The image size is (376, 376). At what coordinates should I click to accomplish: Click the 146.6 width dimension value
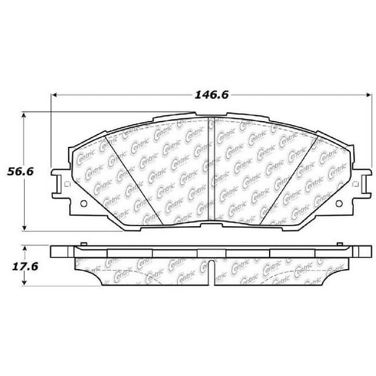point(211,95)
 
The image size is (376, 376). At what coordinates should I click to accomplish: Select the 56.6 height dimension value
point(20,171)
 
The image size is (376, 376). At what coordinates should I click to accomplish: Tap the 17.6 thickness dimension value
point(25,267)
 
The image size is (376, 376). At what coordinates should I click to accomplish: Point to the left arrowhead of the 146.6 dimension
point(54,95)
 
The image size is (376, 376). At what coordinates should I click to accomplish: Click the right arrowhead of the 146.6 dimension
point(369,95)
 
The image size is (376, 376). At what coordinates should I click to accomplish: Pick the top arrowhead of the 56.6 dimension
point(23,115)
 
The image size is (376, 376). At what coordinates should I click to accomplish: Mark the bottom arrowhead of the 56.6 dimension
point(24,228)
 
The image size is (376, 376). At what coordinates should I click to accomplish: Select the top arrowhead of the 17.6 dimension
point(24,249)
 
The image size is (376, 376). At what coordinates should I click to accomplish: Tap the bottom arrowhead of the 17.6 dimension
point(24,282)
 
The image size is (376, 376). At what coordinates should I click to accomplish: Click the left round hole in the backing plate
point(84,204)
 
